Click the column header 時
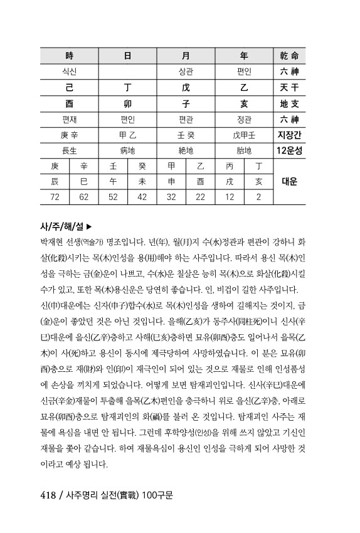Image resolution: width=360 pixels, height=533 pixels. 69,55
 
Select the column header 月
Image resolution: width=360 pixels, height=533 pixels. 186,55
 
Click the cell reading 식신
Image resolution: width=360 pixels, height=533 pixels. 69,71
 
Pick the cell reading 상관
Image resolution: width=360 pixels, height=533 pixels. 186,71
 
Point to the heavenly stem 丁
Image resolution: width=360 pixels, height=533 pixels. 127,87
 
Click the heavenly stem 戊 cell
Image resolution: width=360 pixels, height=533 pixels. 186,87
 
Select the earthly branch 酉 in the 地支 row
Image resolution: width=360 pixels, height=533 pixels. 69,103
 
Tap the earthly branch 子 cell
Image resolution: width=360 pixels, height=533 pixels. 186,103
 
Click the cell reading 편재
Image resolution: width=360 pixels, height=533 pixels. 69,119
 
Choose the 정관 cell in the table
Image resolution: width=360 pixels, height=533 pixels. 244,119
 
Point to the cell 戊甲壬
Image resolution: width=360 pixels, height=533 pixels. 244,135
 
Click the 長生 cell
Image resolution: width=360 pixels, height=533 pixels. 69,150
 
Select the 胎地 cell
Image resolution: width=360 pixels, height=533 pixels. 244,150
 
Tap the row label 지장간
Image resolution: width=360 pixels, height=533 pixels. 289,135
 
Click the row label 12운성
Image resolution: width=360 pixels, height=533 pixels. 289,150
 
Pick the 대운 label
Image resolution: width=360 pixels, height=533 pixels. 289,182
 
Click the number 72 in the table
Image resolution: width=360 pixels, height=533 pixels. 55,197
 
